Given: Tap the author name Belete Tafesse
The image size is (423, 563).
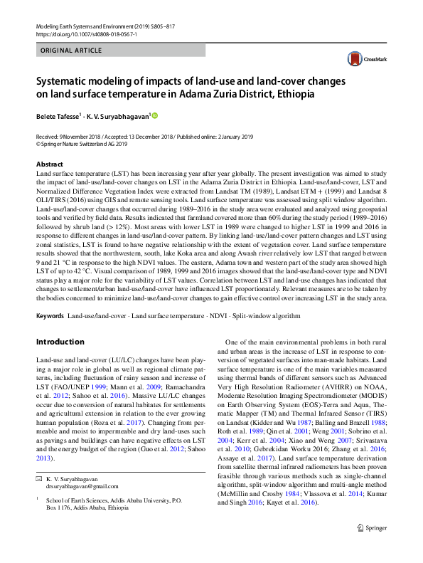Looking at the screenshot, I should (x=59, y=115).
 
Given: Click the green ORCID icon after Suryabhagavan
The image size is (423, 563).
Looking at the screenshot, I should (x=154, y=115).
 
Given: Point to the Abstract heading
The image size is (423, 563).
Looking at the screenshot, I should (x=49, y=164).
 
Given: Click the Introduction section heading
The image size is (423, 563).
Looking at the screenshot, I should (x=60, y=342).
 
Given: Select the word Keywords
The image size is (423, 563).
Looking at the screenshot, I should (x=50, y=315).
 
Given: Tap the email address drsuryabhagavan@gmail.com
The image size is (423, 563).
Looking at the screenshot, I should (x=82, y=506).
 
